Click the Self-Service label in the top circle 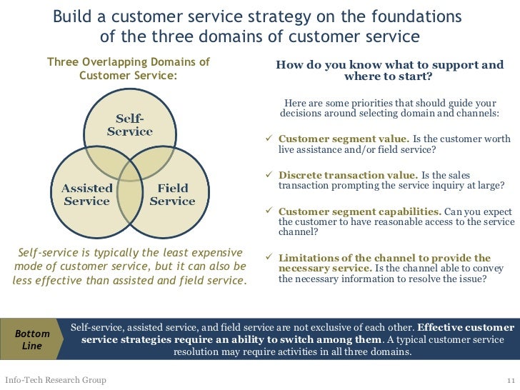[129, 124]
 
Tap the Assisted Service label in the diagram [86, 194]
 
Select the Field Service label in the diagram [172, 194]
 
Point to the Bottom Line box [32, 339]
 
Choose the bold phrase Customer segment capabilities [360, 211]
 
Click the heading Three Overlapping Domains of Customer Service [129, 69]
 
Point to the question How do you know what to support [389, 71]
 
